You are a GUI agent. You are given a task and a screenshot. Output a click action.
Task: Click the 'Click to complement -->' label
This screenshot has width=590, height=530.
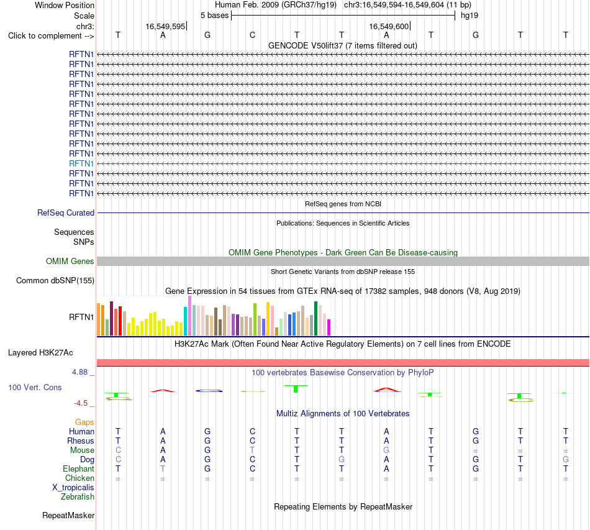click(x=51, y=36)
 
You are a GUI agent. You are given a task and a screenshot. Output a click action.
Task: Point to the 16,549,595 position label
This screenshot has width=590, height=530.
click(x=166, y=26)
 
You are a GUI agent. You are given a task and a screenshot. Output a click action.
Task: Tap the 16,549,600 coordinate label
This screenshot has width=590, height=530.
click(x=389, y=26)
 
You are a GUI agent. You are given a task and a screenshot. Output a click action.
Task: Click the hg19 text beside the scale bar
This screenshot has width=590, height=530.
click(x=470, y=16)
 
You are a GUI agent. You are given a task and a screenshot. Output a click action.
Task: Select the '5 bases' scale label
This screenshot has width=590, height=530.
click(x=214, y=16)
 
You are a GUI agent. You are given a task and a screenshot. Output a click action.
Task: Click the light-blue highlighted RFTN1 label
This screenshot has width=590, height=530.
click(x=81, y=164)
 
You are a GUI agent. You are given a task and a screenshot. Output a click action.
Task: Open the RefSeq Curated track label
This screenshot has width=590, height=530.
click(x=66, y=212)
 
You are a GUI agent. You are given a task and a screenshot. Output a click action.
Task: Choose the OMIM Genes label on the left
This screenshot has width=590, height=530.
click(x=70, y=261)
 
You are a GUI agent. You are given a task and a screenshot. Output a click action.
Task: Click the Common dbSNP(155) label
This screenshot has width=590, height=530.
click(x=55, y=280)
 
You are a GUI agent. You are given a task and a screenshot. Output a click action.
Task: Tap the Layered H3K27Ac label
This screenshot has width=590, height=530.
click(x=40, y=353)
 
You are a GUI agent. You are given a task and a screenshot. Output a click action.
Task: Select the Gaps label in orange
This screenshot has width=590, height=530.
click(x=84, y=423)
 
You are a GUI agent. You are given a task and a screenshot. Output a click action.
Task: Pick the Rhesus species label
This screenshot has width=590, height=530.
click(x=81, y=441)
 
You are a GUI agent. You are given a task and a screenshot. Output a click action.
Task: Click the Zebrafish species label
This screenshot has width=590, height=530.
click(x=78, y=497)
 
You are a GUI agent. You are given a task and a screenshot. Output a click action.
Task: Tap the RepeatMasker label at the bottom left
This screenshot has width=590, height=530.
click(x=68, y=515)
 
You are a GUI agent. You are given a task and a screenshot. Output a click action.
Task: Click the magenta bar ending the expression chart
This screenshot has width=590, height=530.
click(x=329, y=327)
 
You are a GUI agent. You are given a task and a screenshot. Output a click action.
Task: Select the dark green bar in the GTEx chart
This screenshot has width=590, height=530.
click(x=315, y=319)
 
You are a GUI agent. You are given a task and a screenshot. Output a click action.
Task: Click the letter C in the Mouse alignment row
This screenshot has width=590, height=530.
click(x=118, y=450)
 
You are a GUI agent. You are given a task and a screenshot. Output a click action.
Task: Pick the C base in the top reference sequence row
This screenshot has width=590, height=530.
click(x=253, y=35)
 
